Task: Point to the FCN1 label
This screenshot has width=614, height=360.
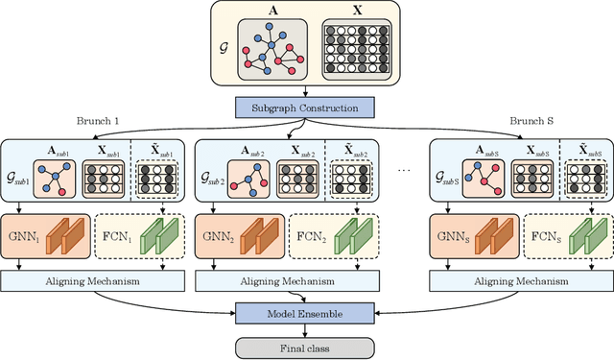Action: coord(114,235)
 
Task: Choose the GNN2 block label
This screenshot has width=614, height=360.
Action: coord(214,235)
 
